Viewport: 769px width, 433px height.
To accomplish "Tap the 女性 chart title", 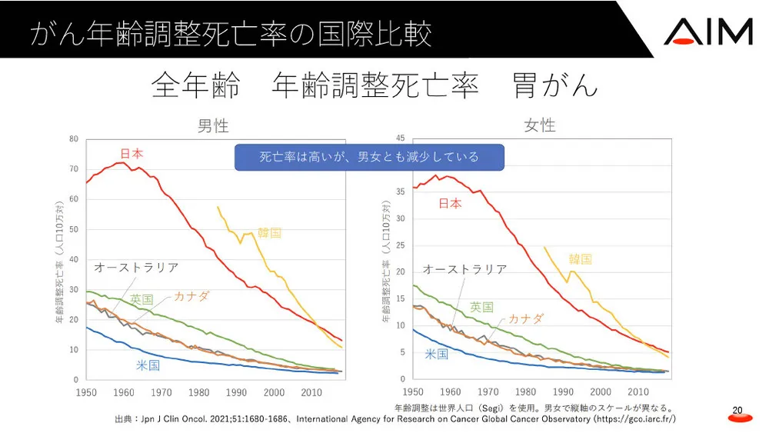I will coord(540,125).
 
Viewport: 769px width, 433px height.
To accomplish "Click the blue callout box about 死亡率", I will coord(369,157).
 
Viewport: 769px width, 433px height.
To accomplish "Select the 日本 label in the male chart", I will coord(131,154).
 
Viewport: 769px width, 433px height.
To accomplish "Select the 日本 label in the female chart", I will coord(450,203).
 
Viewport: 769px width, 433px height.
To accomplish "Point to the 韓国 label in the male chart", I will coord(269,232).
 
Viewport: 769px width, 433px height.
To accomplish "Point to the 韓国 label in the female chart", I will coord(581,259).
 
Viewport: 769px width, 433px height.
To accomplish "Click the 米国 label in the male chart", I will coord(148,365).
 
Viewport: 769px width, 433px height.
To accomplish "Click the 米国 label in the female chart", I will coord(437,354).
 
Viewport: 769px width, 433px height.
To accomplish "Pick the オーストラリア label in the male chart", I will coord(136,268).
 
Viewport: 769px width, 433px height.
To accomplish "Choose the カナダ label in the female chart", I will coord(526,318).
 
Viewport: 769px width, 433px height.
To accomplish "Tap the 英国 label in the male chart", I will coord(141,298).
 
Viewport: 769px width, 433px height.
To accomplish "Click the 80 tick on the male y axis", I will coord(74,139).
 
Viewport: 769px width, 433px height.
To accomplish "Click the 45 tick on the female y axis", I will coord(400,138).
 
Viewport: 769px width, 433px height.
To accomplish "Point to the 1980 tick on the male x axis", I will coord(198,392).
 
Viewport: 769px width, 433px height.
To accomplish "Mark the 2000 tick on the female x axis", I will coord(601,391).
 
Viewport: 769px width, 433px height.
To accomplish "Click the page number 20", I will coord(737,411).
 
